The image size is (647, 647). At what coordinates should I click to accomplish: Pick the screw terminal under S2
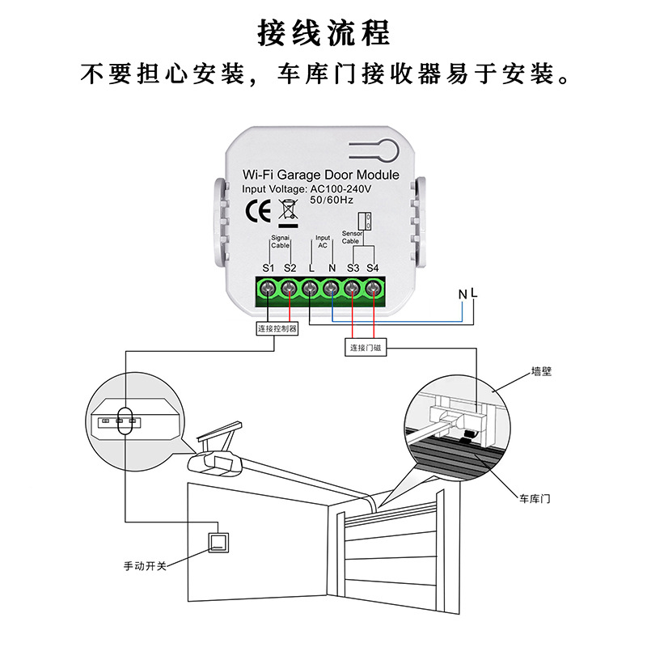(x=290, y=288)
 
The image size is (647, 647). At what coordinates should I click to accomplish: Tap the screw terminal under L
(x=311, y=288)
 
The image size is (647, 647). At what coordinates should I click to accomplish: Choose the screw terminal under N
(x=332, y=288)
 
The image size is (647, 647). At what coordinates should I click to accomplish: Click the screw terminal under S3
(x=353, y=288)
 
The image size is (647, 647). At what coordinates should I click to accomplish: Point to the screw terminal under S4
(x=373, y=288)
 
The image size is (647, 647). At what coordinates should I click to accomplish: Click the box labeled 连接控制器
(x=277, y=328)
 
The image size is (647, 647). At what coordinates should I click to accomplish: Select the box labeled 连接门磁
(x=365, y=347)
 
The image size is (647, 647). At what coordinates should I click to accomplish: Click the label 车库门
(x=535, y=499)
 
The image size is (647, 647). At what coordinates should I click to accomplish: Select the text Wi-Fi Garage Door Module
(x=321, y=175)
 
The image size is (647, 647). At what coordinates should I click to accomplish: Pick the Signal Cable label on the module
(x=280, y=241)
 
